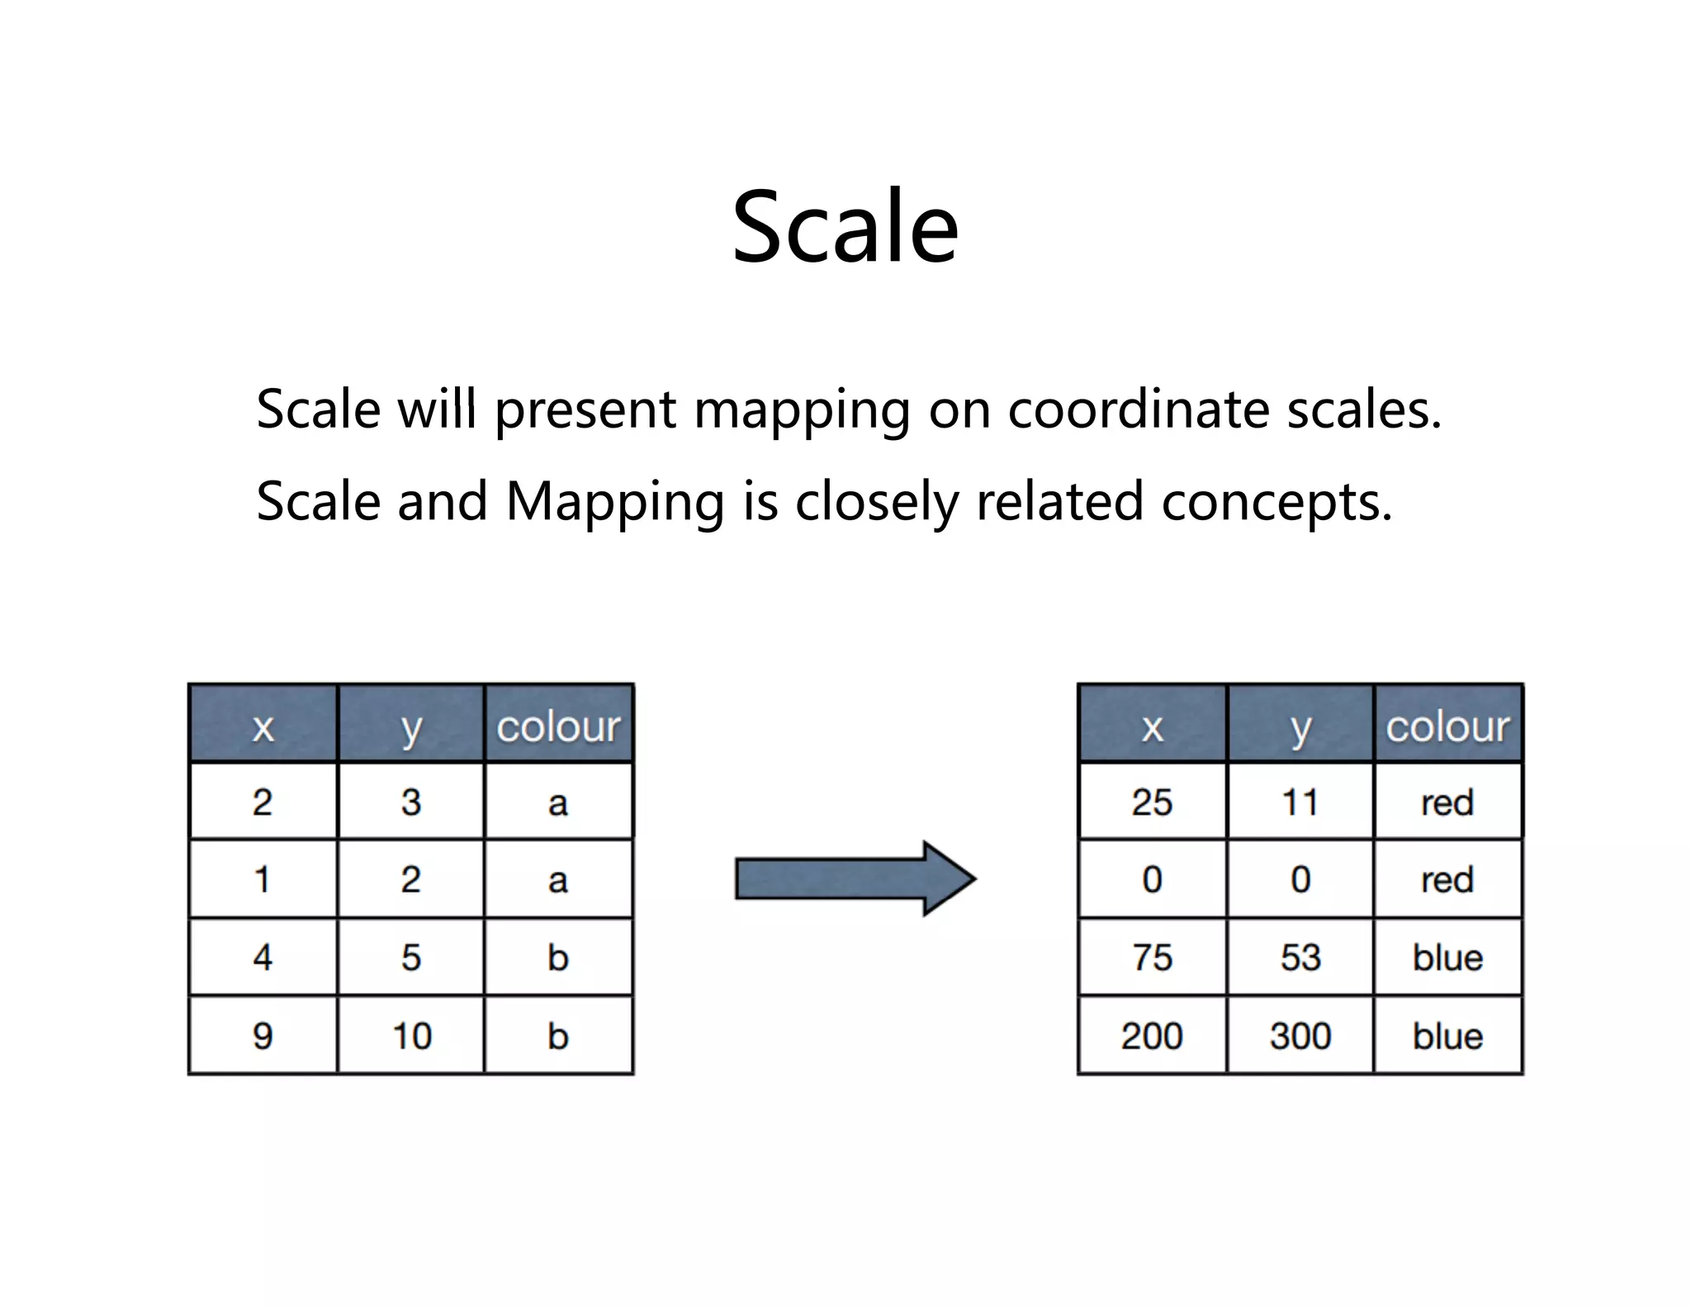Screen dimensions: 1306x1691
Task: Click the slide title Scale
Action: pos(845,227)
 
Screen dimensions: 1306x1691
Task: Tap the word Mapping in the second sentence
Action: pos(615,502)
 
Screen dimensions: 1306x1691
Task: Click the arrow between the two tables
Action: pos(855,878)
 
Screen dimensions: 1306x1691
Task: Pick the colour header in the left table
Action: pos(558,726)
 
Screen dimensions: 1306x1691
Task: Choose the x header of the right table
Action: pos(1152,726)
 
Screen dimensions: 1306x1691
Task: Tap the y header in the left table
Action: pos(410,726)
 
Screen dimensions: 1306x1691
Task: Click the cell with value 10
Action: pos(410,1035)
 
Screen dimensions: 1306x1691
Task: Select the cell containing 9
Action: pos(263,1035)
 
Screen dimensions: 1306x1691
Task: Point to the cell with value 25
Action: pos(1152,802)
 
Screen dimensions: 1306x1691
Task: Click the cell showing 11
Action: pos(1300,802)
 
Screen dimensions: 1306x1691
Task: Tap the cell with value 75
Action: pos(1152,958)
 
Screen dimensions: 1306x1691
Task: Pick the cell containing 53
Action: pos(1300,958)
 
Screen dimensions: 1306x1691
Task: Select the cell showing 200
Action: pos(1152,1035)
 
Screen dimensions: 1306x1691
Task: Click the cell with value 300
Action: pos(1300,1035)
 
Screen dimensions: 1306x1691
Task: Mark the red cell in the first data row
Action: pos(1447,802)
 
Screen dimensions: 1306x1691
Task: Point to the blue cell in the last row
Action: pos(1447,1035)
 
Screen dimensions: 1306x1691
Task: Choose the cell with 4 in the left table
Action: pos(263,958)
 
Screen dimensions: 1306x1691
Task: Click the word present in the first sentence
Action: pos(585,409)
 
